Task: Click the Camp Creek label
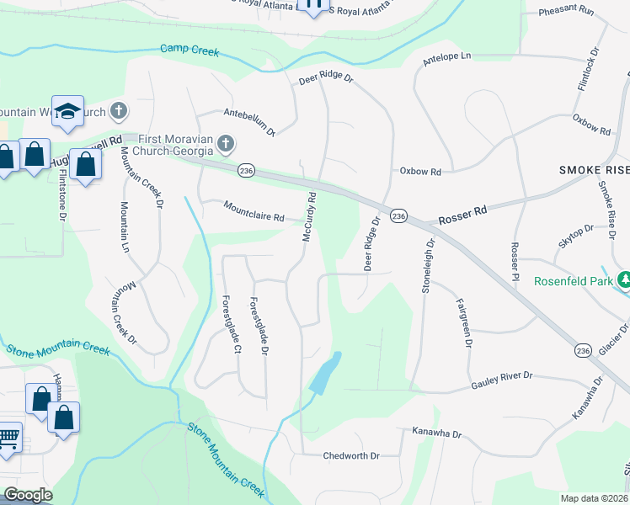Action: tap(190, 50)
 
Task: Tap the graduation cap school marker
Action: tap(67, 110)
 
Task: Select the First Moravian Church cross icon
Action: tap(225, 145)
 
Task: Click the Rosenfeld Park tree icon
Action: tap(625, 279)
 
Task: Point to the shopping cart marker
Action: tap(8, 437)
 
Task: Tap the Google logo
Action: tap(28, 495)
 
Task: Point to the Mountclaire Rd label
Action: tap(254, 210)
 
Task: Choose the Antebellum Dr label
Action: tap(249, 122)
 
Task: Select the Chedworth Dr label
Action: tap(352, 455)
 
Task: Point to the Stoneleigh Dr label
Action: tap(429, 266)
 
